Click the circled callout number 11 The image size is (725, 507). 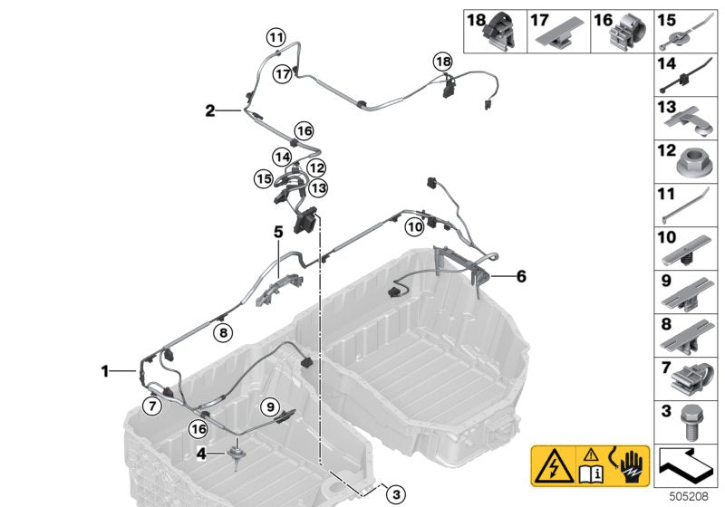(x=276, y=37)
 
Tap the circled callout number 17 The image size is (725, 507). (x=283, y=74)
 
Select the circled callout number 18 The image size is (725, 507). (x=443, y=62)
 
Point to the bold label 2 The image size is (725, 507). (x=210, y=110)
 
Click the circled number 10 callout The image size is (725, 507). (x=415, y=226)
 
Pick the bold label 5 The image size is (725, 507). (x=278, y=232)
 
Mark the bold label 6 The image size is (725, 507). (x=522, y=276)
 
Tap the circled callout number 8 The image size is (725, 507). (x=223, y=332)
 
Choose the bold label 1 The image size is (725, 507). (x=105, y=371)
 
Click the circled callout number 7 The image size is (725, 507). (x=152, y=407)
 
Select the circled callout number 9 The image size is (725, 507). (x=270, y=407)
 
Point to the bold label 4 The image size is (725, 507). (x=201, y=454)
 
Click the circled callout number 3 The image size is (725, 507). (x=396, y=494)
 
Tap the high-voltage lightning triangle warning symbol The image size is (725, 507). (x=554, y=465)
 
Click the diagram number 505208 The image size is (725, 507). (x=689, y=496)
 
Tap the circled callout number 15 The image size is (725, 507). (x=264, y=178)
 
